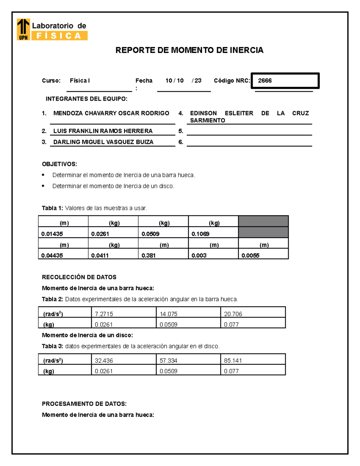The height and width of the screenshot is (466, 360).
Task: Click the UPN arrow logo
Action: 23,29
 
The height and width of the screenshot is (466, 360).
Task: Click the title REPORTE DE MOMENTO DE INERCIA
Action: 189,50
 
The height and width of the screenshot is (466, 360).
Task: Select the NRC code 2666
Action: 265,81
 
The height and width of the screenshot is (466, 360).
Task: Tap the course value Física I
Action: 80,81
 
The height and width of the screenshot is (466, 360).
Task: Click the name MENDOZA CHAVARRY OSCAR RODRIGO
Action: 111,113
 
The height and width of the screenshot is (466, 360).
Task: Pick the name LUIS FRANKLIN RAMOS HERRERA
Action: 103,131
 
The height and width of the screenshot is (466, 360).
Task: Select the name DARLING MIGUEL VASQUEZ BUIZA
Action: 103,142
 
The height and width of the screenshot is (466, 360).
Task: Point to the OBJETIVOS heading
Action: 59,164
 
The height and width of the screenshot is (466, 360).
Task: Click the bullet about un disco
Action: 113,186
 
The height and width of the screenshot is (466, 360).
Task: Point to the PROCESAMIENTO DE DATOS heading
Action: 84,404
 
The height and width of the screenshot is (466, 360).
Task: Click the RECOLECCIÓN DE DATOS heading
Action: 79,277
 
